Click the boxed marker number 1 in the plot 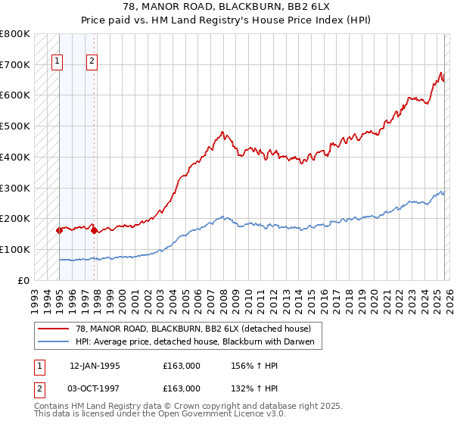click(x=58, y=62)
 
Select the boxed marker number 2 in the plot click(x=92, y=62)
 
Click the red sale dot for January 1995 click(x=59, y=230)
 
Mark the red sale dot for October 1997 click(x=94, y=230)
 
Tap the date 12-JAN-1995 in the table click(x=95, y=366)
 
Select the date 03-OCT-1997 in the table click(x=95, y=388)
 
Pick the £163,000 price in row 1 click(x=182, y=366)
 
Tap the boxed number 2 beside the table click(x=39, y=388)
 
